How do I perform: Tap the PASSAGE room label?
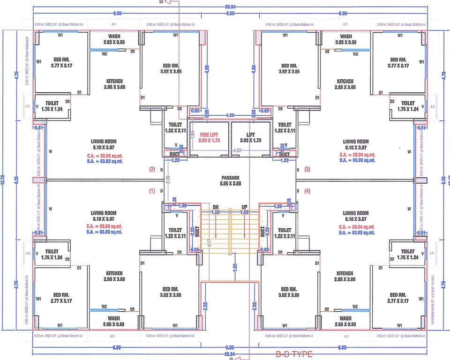pos(230,178)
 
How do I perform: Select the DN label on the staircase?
pos(216,207)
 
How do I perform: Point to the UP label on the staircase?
pos(244,207)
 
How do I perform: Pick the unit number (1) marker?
pos(151,191)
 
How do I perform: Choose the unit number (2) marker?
pos(151,169)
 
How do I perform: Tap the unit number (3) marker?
pos(307,169)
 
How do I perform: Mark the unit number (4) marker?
pos(307,191)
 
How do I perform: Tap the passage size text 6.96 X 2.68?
pos(230,184)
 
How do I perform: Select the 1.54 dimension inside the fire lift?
pos(192,134)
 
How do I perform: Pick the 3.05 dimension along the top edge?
pos(230,14)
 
